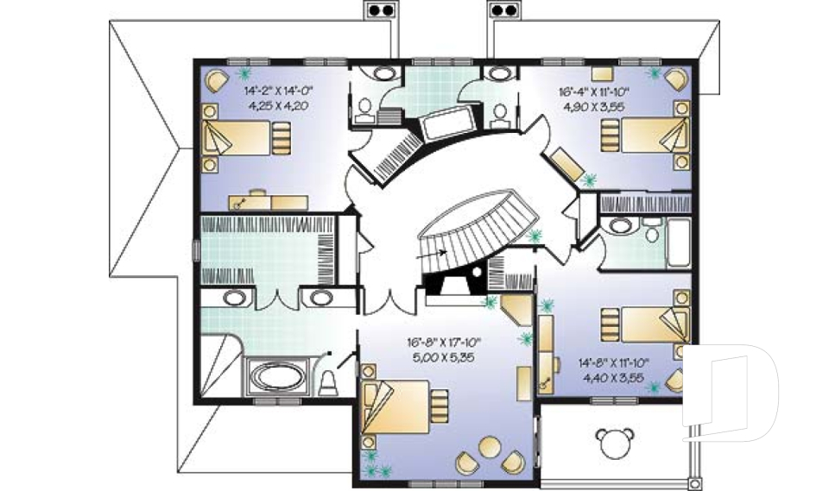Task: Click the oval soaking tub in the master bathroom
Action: point(277,378)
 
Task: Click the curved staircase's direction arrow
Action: point(433,254)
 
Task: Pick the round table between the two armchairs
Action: point(490,447)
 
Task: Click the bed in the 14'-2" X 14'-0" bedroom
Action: point(246,138)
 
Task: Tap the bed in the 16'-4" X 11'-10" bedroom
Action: point(645,135)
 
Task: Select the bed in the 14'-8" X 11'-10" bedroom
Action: point(645,324)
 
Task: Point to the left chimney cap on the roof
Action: point(381,10)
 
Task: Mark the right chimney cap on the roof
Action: point(503,10)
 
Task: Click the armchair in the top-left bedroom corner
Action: point(217,80)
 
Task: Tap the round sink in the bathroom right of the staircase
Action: point(623,225)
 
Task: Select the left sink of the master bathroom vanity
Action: point(234,298)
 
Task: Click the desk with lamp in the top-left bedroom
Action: point(269,201)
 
